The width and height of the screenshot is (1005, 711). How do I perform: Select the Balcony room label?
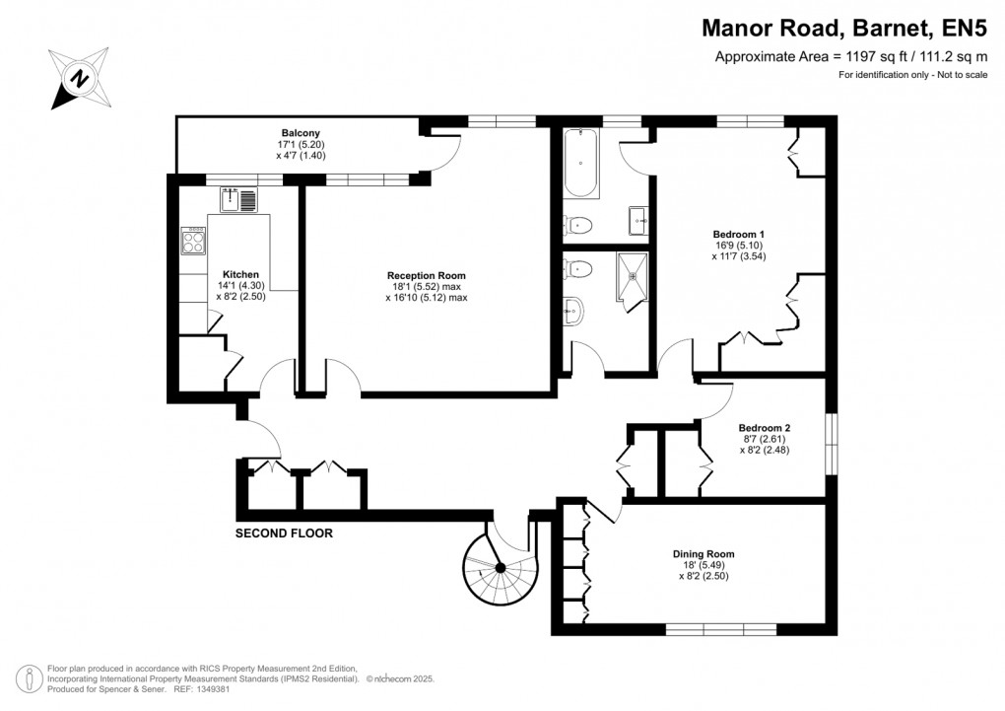tap(301, 133)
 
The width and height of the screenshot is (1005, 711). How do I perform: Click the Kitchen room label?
tap(240, 274)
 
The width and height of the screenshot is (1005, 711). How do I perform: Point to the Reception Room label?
tap(426, 275)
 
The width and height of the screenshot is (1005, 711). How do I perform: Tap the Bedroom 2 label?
tap(765, 428)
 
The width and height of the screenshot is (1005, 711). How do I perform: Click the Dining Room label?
tap(704, 554)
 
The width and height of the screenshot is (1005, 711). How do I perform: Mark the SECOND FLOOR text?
tap(284, 533)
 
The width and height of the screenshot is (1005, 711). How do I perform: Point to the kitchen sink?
tap(238, 200)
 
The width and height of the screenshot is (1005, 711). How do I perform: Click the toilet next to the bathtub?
tap(578, 225)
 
